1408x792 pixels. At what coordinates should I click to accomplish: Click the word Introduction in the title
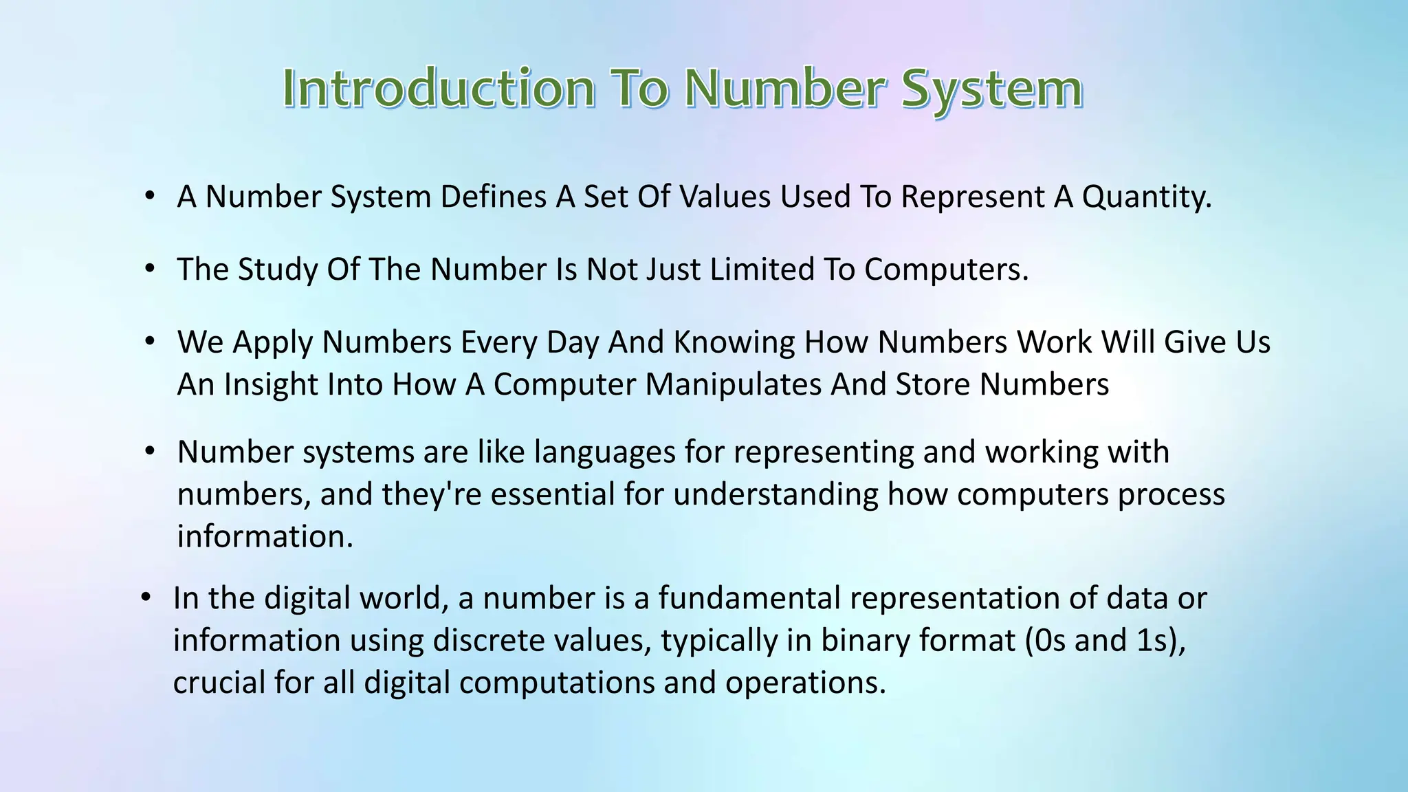(439, 89)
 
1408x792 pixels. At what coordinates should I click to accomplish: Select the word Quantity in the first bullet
(1146, 197)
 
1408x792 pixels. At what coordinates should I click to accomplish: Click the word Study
(278, 269)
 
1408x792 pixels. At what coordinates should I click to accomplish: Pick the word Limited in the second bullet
(762, 269)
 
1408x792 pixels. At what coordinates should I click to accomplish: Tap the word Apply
(273, 342)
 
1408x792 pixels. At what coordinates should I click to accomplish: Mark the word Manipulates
(733, 384)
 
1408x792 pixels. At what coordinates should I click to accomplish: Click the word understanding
(775, 495)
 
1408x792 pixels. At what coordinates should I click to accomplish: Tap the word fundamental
(749, 598)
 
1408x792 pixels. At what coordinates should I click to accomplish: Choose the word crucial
(219, 683)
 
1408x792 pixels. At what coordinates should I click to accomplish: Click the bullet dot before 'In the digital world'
(146, 598)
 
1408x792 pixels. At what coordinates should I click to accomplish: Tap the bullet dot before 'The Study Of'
(150, 269)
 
